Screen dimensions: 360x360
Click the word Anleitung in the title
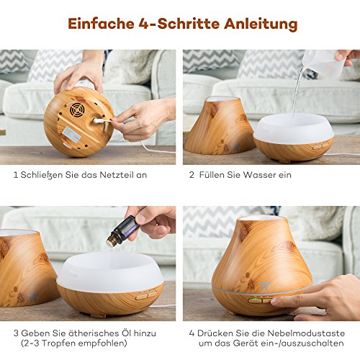tap(261, 24)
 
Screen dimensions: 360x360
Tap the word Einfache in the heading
tap(101, 23)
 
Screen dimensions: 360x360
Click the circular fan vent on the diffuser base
tap(77, 109)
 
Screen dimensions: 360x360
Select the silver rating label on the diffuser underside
tap(71, 134)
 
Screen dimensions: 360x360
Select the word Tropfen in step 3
tap(60, 343)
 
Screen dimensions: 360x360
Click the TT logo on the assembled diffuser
tap(265, 286)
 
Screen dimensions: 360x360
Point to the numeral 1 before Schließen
tap(16, 175)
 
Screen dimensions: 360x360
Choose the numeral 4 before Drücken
tap(192, 333)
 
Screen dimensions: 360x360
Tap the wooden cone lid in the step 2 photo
tap(219, 125)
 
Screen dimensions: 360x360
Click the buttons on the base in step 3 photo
tap(146, 294)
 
